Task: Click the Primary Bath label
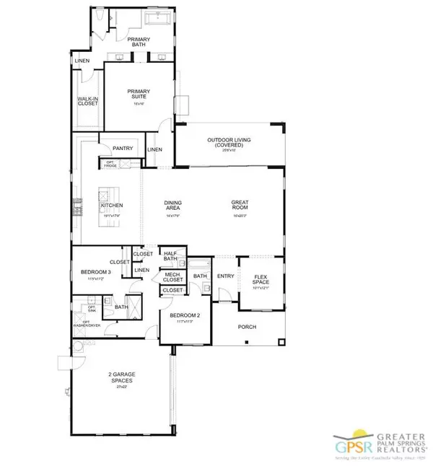[x=139, y=43]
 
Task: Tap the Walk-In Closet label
[x=87, y=102]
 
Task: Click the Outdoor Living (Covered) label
[x=230, y=143]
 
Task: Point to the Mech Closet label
[x=172, y=276]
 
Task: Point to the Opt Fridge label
[x=110, y=162]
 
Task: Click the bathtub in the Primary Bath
[x=157, y=17]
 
